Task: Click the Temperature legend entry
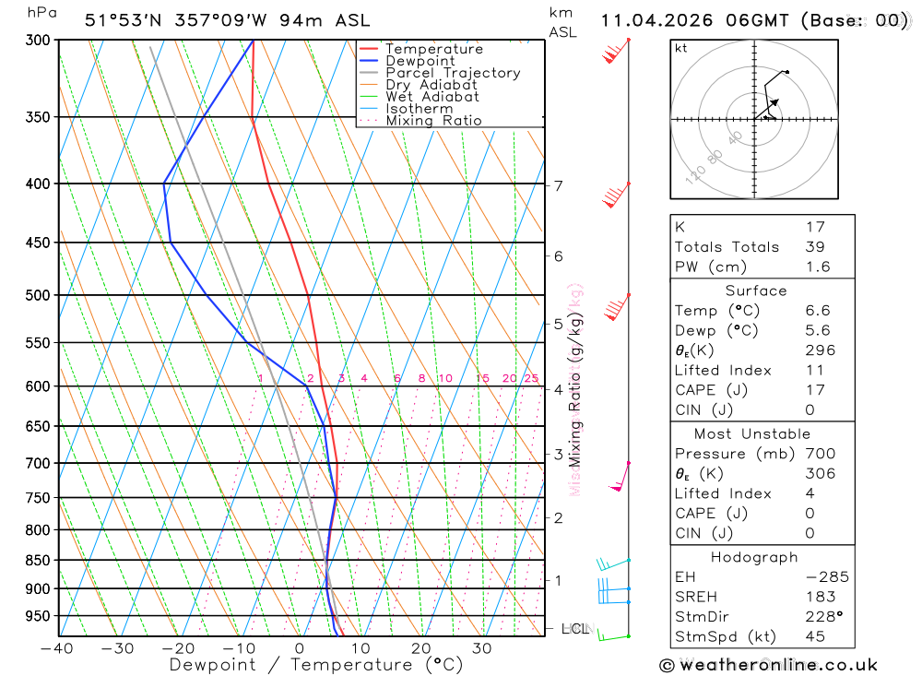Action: coord(433,49)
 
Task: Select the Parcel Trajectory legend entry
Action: coord(452,73)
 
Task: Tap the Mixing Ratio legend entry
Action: coord(433,121)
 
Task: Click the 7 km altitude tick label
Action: coord(559,186)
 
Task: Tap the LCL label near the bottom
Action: coord(575,629)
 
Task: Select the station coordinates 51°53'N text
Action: coord(124,20)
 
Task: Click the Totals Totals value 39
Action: coord(815,247)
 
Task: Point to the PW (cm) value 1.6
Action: coord(817,267)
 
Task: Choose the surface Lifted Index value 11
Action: coord(814,371)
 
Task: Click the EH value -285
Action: coord(825,577)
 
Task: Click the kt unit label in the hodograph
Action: coord(681,48)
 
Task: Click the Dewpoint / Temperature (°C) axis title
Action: coord(316,665)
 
